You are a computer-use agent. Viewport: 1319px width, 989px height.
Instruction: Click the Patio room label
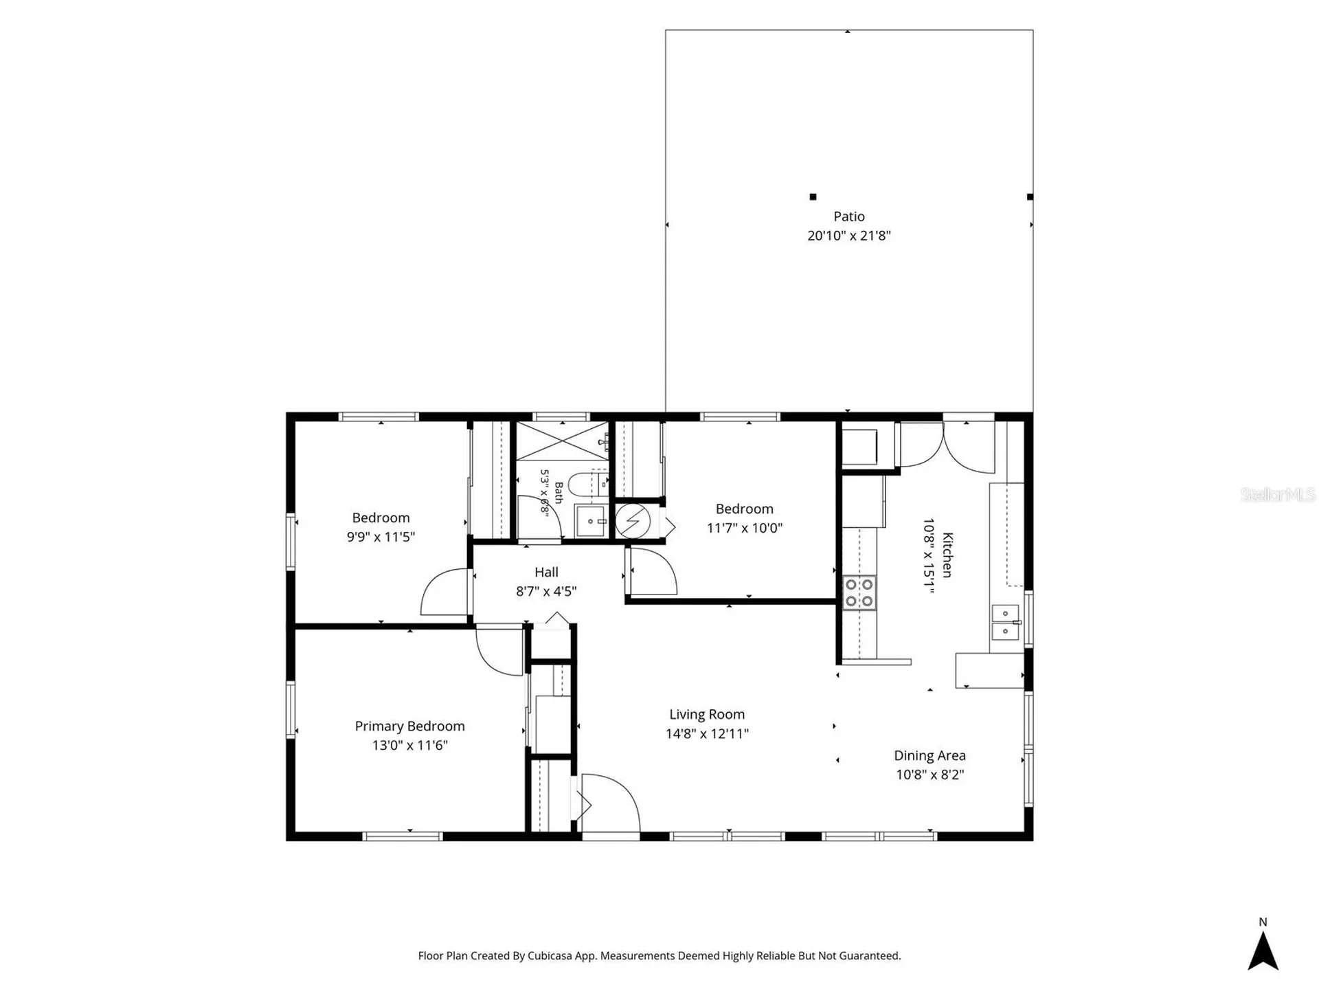click(849, 216)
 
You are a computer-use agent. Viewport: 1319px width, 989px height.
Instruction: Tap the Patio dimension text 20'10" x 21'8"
click(849, 236)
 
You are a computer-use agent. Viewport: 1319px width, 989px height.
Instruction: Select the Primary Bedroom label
click(409, 726)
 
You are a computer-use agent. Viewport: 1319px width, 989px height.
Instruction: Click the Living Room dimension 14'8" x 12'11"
click(707, 734)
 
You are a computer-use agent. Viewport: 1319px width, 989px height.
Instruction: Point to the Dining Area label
click(929, 756)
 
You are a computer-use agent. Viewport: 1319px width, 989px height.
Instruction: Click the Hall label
click(546, 572)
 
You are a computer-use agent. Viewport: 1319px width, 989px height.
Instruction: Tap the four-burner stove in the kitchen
click(859, 593)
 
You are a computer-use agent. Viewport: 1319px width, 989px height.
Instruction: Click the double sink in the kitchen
click(1006, 622)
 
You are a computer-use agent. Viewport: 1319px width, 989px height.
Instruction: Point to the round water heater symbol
click(632, 522)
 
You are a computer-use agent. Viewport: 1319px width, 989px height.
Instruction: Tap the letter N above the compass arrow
click(1263, 922)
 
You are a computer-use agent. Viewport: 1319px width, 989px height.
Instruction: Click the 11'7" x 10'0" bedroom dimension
click(745, 529)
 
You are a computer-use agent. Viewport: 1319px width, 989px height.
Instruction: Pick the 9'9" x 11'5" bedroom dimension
click(381, 537)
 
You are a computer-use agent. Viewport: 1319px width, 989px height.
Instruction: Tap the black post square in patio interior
click(813, 197)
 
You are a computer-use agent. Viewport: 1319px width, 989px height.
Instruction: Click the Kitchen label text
click(947, 555)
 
